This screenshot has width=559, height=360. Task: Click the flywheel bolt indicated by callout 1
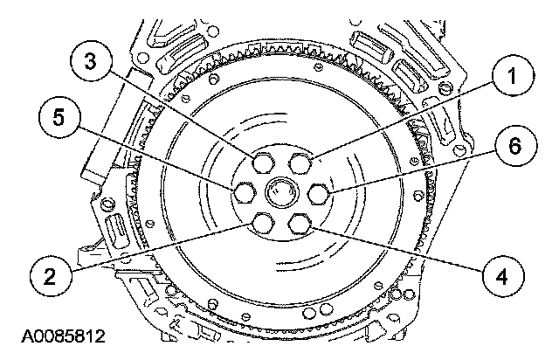(x=300, y=163)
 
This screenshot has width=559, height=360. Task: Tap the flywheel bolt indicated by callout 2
(x=261, y=225)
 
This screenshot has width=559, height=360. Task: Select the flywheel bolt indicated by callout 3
(x=261, y=163)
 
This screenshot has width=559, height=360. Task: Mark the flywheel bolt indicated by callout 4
(x=300, y=225)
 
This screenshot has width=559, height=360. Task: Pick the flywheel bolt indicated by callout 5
(x=244, y=192)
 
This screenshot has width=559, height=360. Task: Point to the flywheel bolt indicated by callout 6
(x=319, y=192)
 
